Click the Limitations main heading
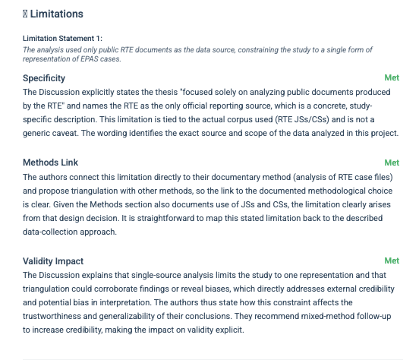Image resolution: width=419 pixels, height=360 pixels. click(57, 14)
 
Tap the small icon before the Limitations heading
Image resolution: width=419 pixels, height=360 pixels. click(26, 14)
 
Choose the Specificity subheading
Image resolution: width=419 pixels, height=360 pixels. click(44, 78)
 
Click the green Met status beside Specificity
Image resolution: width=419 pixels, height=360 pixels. click(392, 78)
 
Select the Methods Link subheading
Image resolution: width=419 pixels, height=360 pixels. click(51, 163)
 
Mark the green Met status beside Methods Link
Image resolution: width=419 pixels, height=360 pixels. click(392, 163)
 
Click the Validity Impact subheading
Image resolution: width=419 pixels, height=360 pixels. click(54, 261)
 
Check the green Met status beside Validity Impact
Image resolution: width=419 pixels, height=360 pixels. click(392, 261)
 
